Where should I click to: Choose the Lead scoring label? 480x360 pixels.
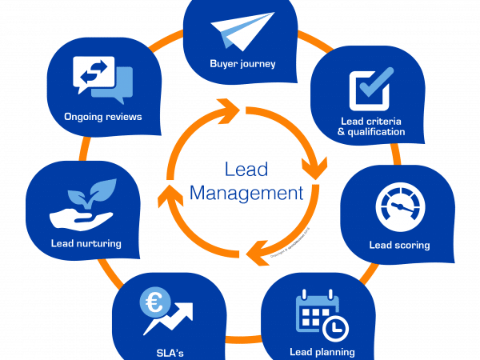tap(399, 245)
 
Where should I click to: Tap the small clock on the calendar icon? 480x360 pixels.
tap(334, 325)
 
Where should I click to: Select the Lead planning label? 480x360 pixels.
tap(322, 351)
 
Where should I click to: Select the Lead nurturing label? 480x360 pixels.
tap(86, 243)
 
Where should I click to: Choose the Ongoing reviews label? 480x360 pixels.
tap(102, 117)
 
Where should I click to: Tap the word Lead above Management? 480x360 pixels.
tap(246, 170)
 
